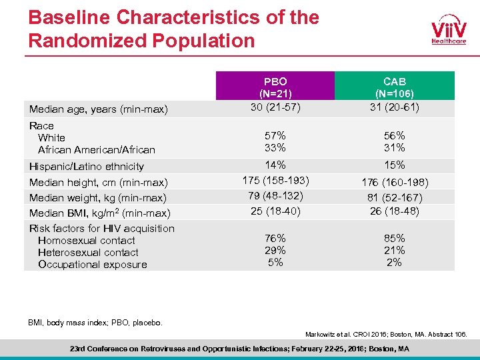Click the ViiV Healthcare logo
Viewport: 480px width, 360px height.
(448, 30)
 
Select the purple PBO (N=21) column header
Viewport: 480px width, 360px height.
(275, 87)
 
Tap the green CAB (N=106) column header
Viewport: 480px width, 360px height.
(394, 87)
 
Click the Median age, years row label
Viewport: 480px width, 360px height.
(97, 109)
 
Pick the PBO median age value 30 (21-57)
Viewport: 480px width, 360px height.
(275, 107)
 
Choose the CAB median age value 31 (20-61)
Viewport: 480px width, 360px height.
(394, 107)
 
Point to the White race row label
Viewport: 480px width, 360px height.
(51, 137)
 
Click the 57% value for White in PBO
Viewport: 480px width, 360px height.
(275, 135)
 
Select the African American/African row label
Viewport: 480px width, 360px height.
(96, 150)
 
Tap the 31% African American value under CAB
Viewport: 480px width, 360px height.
(394, 147)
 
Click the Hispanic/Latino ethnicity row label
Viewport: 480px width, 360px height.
(87, 166)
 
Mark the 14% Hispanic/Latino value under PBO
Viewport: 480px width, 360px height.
(275, 164)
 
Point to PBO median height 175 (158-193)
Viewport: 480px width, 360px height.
(275, 180)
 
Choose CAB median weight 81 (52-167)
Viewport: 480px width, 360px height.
(394, 197)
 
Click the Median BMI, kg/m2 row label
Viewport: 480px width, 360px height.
(99, 213)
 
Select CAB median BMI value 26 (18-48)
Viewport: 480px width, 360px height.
(394, 211)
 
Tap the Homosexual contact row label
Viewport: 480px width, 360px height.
(86, 241)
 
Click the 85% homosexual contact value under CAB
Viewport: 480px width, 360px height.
(394, 238)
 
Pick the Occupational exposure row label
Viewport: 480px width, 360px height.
(92, 265)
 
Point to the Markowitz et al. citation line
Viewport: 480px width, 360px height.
(386, 333)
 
